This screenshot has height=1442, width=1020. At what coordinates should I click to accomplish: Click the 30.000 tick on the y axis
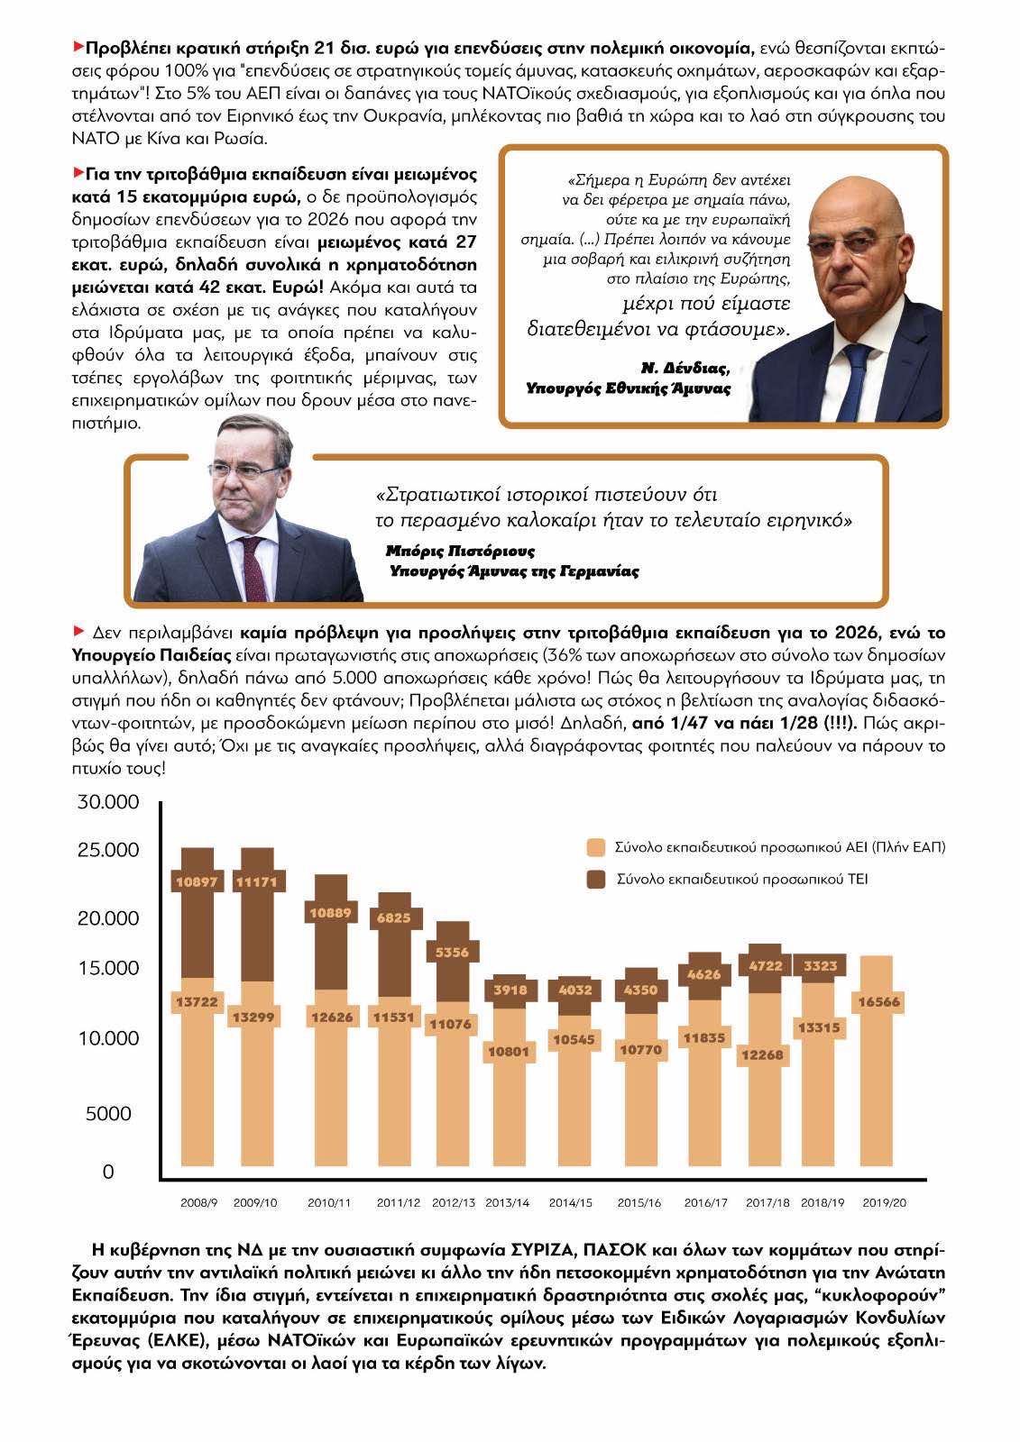(107, 802)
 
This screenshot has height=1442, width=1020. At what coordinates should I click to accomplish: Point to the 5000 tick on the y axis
(107, 1114)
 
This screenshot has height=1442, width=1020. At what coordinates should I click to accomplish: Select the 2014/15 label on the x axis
(571, 1202)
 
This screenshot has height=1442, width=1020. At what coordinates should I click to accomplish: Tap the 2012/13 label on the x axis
(454, 1202)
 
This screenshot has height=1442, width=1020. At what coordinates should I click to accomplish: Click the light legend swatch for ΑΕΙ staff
(596, 848)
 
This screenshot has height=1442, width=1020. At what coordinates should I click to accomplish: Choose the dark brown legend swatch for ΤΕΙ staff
(596, 879)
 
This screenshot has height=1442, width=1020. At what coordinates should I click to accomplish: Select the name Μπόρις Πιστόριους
(460, 550)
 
